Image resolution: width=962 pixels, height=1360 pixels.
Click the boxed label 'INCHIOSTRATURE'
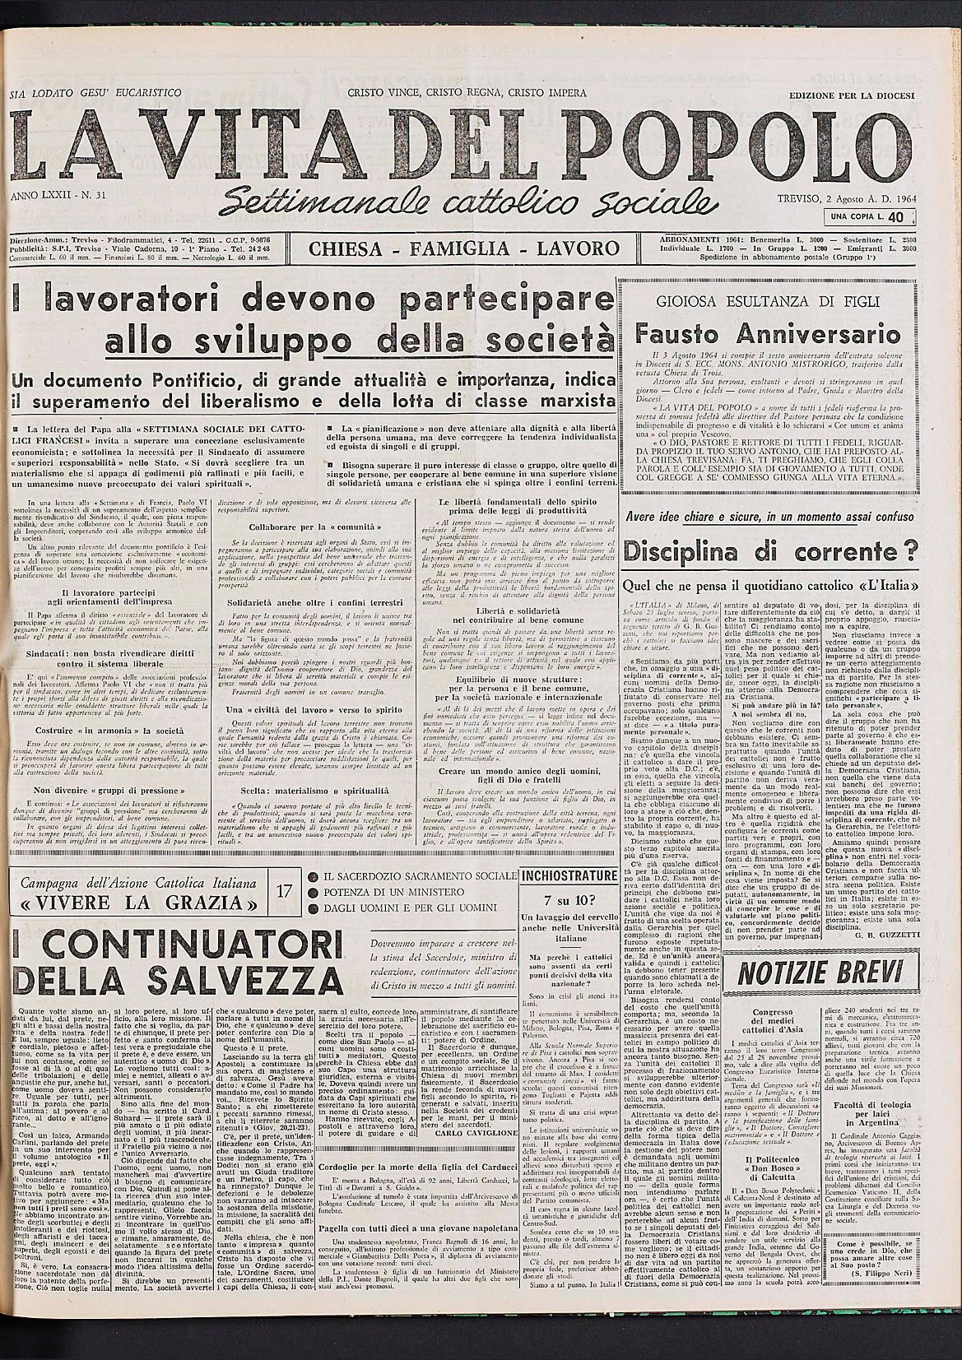pos(569,875)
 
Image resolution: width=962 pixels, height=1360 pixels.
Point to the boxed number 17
pos(284,891)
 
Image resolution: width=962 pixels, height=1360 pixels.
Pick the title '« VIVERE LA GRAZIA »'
pos(140,903)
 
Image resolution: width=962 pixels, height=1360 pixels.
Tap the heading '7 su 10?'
pos(569,898)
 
